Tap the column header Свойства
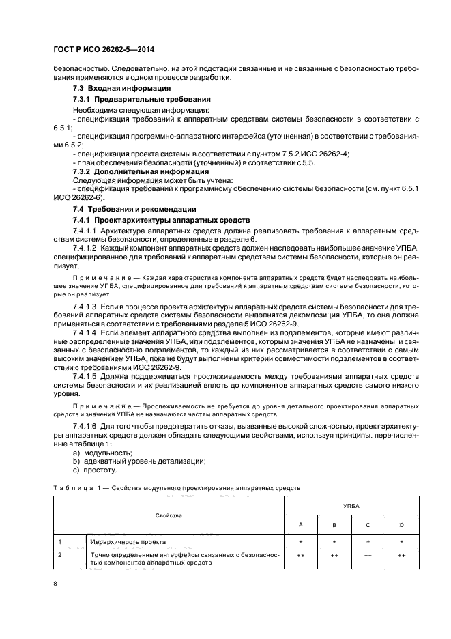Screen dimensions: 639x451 tap(169, 515)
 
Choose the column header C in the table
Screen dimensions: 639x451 tap(368, 525)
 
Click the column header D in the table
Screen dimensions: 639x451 tap(401, 525)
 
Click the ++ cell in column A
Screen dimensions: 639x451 tap(300, 556)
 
